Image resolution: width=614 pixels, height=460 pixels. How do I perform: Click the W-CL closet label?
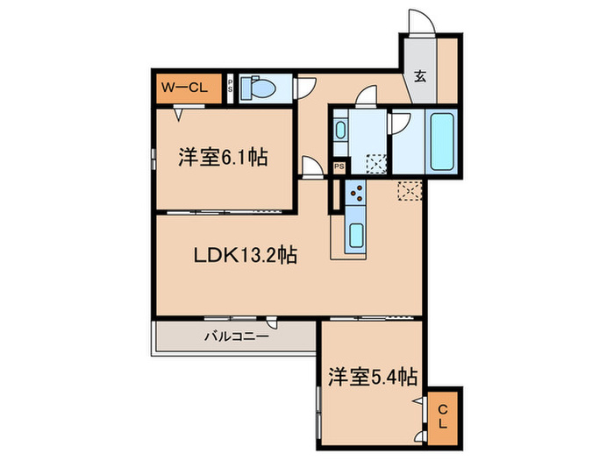click(183, 86)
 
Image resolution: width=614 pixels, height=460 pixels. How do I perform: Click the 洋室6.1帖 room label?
click(223, 158)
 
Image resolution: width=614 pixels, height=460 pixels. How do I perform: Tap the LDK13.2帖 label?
click(245, 256)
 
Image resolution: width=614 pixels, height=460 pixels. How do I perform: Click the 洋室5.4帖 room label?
click(372, 378)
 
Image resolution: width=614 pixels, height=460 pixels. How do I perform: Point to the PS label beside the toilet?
click(231, 88)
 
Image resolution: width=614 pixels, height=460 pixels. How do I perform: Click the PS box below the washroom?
click(339, 166)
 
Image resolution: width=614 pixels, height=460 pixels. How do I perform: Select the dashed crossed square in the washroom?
click(377, 164)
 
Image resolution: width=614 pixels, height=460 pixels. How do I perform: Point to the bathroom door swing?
click(400, 123)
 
